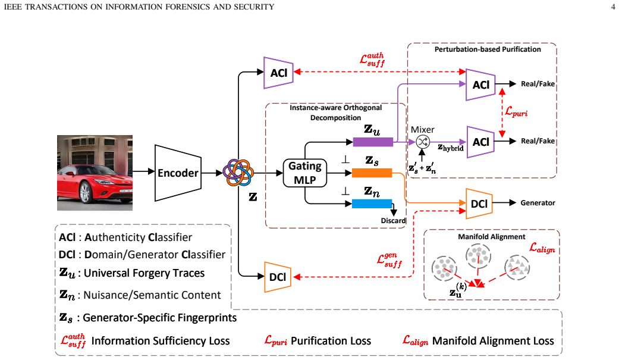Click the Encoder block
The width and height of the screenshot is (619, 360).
[x=178, y=173]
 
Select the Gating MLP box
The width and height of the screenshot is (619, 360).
[x=305, y=173]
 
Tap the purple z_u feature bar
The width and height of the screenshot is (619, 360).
[x=373, y=142]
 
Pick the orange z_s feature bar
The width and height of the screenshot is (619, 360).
[x=372, y=173]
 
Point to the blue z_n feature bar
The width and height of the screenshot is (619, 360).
[x=372, y=204]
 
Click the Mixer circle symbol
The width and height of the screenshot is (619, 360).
[x=422, y=142]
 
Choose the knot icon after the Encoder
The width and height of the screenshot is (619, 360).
[x=238, y=173]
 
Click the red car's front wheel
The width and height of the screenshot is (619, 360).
[x=85, y=192]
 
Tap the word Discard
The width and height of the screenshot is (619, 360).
[x=393, y=221]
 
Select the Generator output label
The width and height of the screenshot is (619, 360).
[x=538, y=203]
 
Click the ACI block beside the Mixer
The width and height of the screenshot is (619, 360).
[x=481, y=142]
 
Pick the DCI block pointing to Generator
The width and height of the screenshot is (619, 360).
[x=479, y=204]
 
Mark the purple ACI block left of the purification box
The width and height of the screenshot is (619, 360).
[x=279, y=73]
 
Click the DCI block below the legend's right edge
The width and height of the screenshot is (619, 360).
[x=278, y=277]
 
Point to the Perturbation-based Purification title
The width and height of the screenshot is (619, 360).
[x=488, y=49]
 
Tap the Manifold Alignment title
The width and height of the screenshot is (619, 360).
[x=492, y=237]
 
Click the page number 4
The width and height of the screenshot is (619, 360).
[x=612, y=7]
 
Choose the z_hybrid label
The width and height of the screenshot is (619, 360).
[x=451, y=148]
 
